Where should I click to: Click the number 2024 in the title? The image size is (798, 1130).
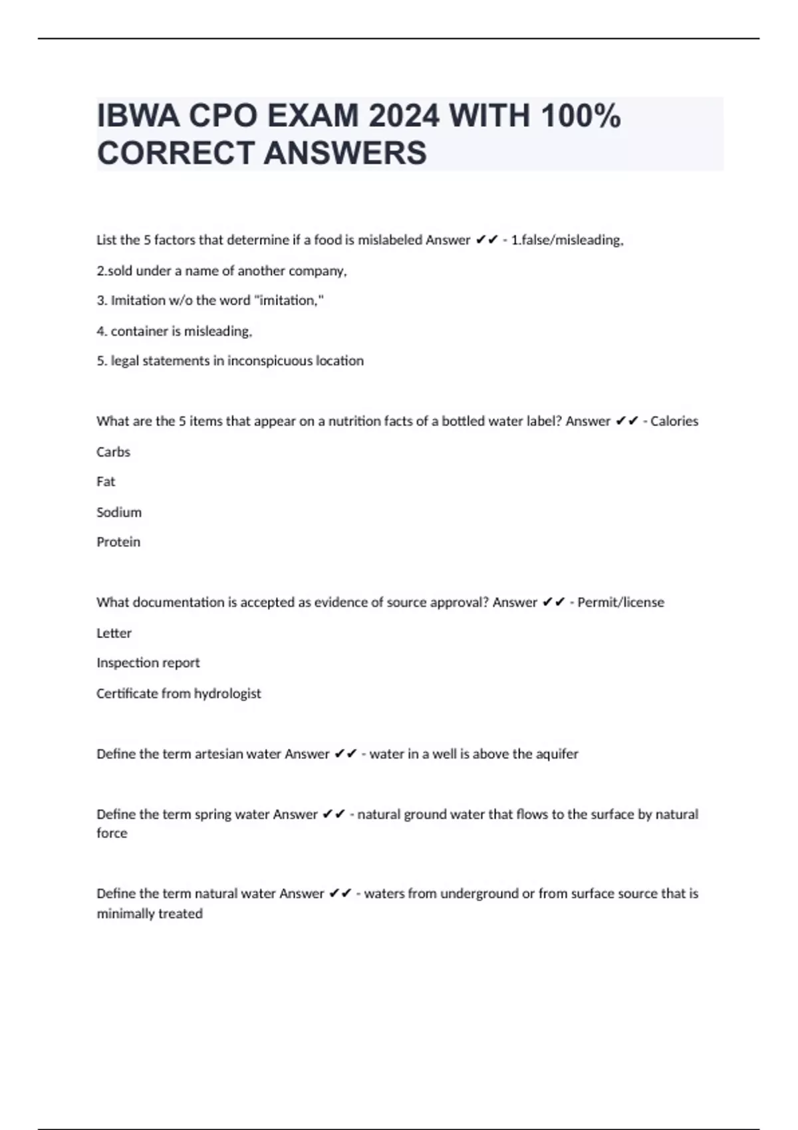[x=404, y=116]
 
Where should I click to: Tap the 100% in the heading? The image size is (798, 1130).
[x=581, y=116]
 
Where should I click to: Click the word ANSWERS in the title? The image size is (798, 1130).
[x=345, y=153]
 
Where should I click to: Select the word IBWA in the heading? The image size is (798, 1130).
[x=138, y=116]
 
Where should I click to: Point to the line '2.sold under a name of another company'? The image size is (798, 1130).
[x=221, y=271]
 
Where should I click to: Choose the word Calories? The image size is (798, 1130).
[x=674, y=421]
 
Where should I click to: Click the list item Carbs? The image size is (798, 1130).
[x=113, y=452]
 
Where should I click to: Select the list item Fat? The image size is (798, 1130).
[x=106, y=481]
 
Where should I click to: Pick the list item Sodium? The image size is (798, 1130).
[x=119, y=512]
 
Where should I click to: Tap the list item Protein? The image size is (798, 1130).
[x=118, y=542]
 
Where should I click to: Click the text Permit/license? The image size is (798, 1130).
[x=620, y=602]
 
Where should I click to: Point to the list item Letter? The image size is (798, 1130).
[x=114, y=633]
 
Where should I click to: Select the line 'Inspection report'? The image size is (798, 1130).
[x=148, y=663]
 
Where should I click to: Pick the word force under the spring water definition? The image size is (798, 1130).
[x=112, y=833]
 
